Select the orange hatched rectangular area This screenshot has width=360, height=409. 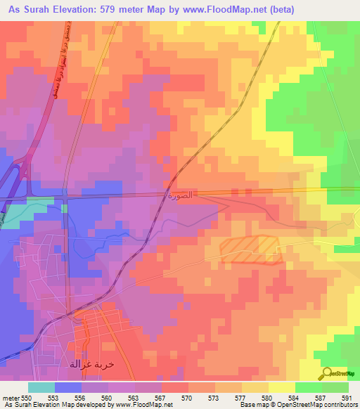tap(251, 249)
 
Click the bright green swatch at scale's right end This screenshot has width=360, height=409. tap(335, 387)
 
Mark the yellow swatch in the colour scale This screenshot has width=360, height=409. tap(282, 387)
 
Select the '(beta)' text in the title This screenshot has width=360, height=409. tap(280, 8)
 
